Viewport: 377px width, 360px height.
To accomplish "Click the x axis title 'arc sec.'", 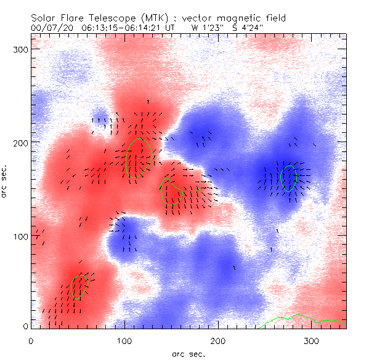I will pyautogui.click(x=188, y=353).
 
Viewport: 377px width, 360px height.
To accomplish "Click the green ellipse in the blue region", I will pyautogui.click(x=288, y=178).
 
